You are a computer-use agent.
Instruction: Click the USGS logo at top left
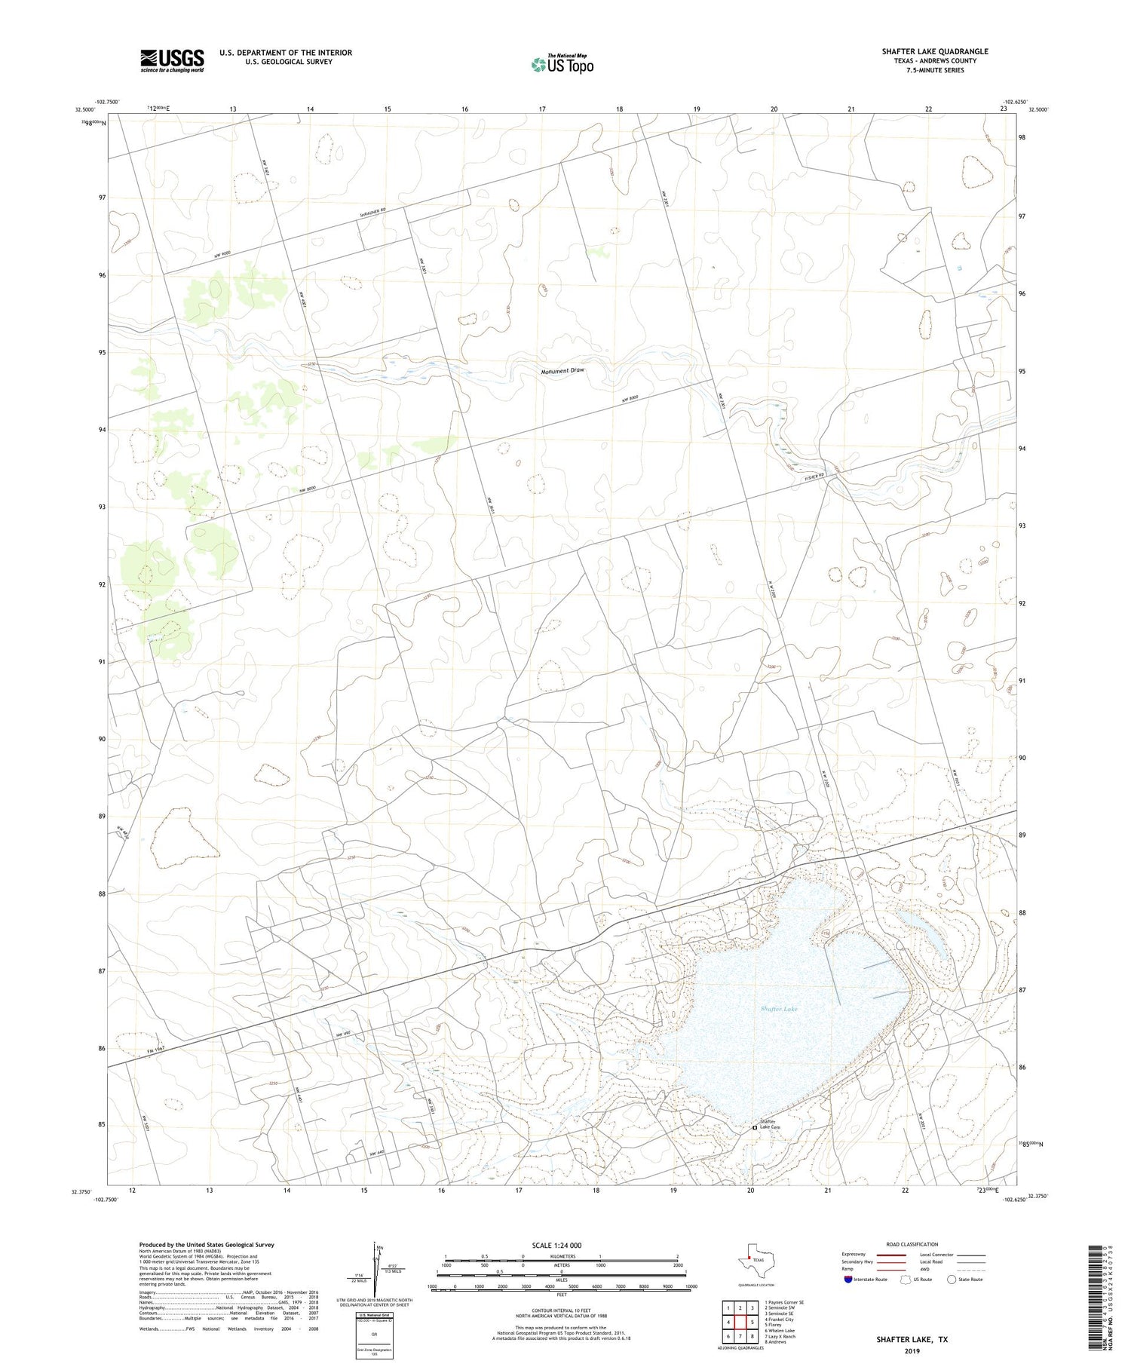point(172,60)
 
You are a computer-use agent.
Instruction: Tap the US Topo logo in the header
point(562,65)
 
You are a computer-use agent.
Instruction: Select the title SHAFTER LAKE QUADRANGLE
point(935,51)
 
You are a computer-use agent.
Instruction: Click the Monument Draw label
point(562,371)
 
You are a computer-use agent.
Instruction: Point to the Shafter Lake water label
point(778,1008)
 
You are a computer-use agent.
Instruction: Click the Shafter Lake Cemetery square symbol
point(755,1128)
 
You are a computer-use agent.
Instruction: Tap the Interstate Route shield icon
point(848,1280)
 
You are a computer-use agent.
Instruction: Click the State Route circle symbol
point(952,1280)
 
